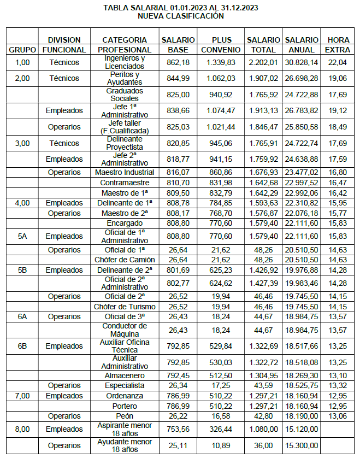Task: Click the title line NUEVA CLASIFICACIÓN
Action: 181,16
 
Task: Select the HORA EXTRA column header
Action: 338,45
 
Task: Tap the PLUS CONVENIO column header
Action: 222,45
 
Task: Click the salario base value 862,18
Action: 178,62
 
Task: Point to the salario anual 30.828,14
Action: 302,62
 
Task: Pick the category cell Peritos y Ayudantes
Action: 125,78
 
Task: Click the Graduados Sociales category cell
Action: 125,95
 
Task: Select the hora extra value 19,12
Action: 338,111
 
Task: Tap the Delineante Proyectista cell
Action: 125,143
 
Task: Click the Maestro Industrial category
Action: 125,173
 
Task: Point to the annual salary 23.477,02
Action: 302,173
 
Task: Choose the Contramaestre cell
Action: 125,183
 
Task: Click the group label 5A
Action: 22,236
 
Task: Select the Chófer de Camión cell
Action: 125,260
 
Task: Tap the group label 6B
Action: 22,346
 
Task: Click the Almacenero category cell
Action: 125,375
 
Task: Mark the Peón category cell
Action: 125,416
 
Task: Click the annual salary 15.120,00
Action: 302,430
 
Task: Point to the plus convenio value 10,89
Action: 222,445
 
